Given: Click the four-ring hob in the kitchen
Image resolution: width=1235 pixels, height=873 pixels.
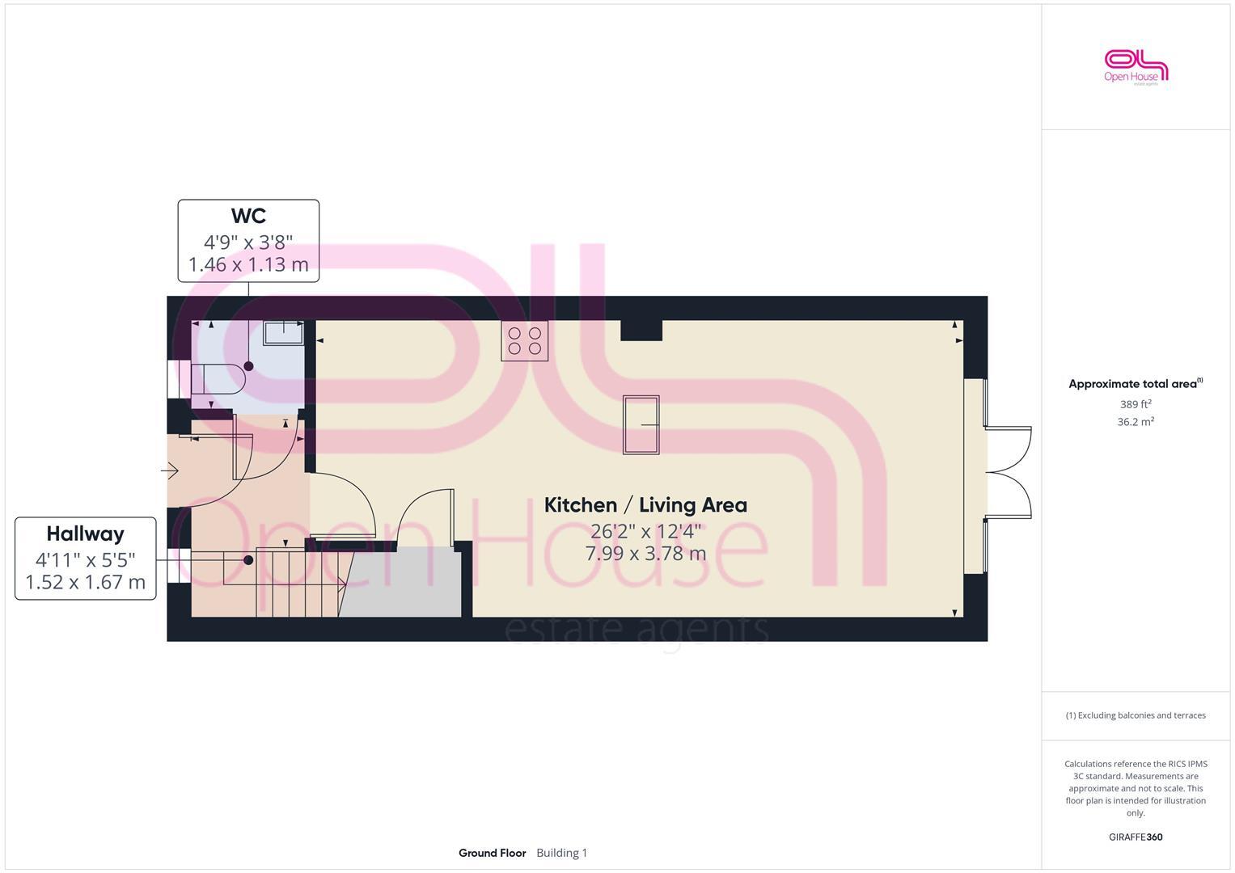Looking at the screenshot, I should point(524,340).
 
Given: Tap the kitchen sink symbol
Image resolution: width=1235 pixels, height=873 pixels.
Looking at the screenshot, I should point(641,424).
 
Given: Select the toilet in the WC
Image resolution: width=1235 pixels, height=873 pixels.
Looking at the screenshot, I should point(218,378).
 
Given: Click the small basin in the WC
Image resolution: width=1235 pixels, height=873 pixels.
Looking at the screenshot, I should point(283,332).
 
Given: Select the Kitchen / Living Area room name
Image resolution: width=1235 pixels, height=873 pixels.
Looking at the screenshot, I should point(645,505).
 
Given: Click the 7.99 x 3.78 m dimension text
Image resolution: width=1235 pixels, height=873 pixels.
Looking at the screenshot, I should point(645,554).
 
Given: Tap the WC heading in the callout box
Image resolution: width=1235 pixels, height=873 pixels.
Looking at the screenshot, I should point(248,217).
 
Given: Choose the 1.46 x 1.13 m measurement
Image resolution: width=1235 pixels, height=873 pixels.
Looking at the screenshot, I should point(248,264).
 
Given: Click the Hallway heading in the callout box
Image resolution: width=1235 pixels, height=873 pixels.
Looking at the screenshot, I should point(85,533).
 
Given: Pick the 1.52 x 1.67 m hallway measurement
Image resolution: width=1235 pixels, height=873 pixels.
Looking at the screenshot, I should point(85,582).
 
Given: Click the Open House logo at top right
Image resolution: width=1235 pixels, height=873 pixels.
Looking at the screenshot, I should point(1136,67).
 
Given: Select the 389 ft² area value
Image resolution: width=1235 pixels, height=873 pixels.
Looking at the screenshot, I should point(1136,404).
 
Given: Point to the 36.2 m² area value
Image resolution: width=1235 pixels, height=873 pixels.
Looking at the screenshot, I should point(1136,422).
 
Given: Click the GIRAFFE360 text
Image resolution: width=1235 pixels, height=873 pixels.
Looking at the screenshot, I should point(1136,837).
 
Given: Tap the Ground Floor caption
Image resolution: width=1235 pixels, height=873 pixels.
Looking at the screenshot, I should point(492,853).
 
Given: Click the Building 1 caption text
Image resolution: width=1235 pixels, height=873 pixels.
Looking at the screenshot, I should point(561,853).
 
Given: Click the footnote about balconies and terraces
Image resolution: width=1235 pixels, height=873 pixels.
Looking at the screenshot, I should point(1136,715).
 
